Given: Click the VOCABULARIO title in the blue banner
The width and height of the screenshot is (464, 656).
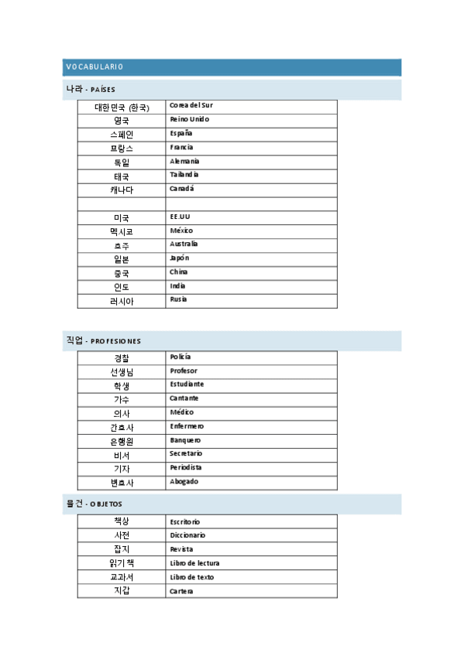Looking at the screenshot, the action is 95,67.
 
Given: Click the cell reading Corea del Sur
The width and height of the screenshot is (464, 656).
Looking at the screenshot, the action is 191,105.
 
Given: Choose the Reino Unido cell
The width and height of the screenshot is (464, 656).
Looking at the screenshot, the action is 189,119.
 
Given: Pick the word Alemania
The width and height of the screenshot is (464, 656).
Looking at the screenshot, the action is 184,161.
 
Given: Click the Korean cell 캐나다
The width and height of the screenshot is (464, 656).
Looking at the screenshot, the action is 121,190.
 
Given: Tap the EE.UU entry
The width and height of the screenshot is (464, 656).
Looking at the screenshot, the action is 180,217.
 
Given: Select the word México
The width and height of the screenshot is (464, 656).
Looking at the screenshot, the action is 181,231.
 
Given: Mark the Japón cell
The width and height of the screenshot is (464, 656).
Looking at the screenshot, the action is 179,258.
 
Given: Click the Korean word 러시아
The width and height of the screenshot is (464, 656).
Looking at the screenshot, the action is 121,301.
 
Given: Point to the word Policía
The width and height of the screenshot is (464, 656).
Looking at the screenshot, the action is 180,357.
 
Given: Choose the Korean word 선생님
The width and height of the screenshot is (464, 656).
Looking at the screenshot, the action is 121,371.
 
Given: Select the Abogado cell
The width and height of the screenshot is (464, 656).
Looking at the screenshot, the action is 184,481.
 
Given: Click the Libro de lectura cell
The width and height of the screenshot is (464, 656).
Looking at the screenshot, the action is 194,563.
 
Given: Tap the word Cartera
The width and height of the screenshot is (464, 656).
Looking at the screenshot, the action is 181,591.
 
